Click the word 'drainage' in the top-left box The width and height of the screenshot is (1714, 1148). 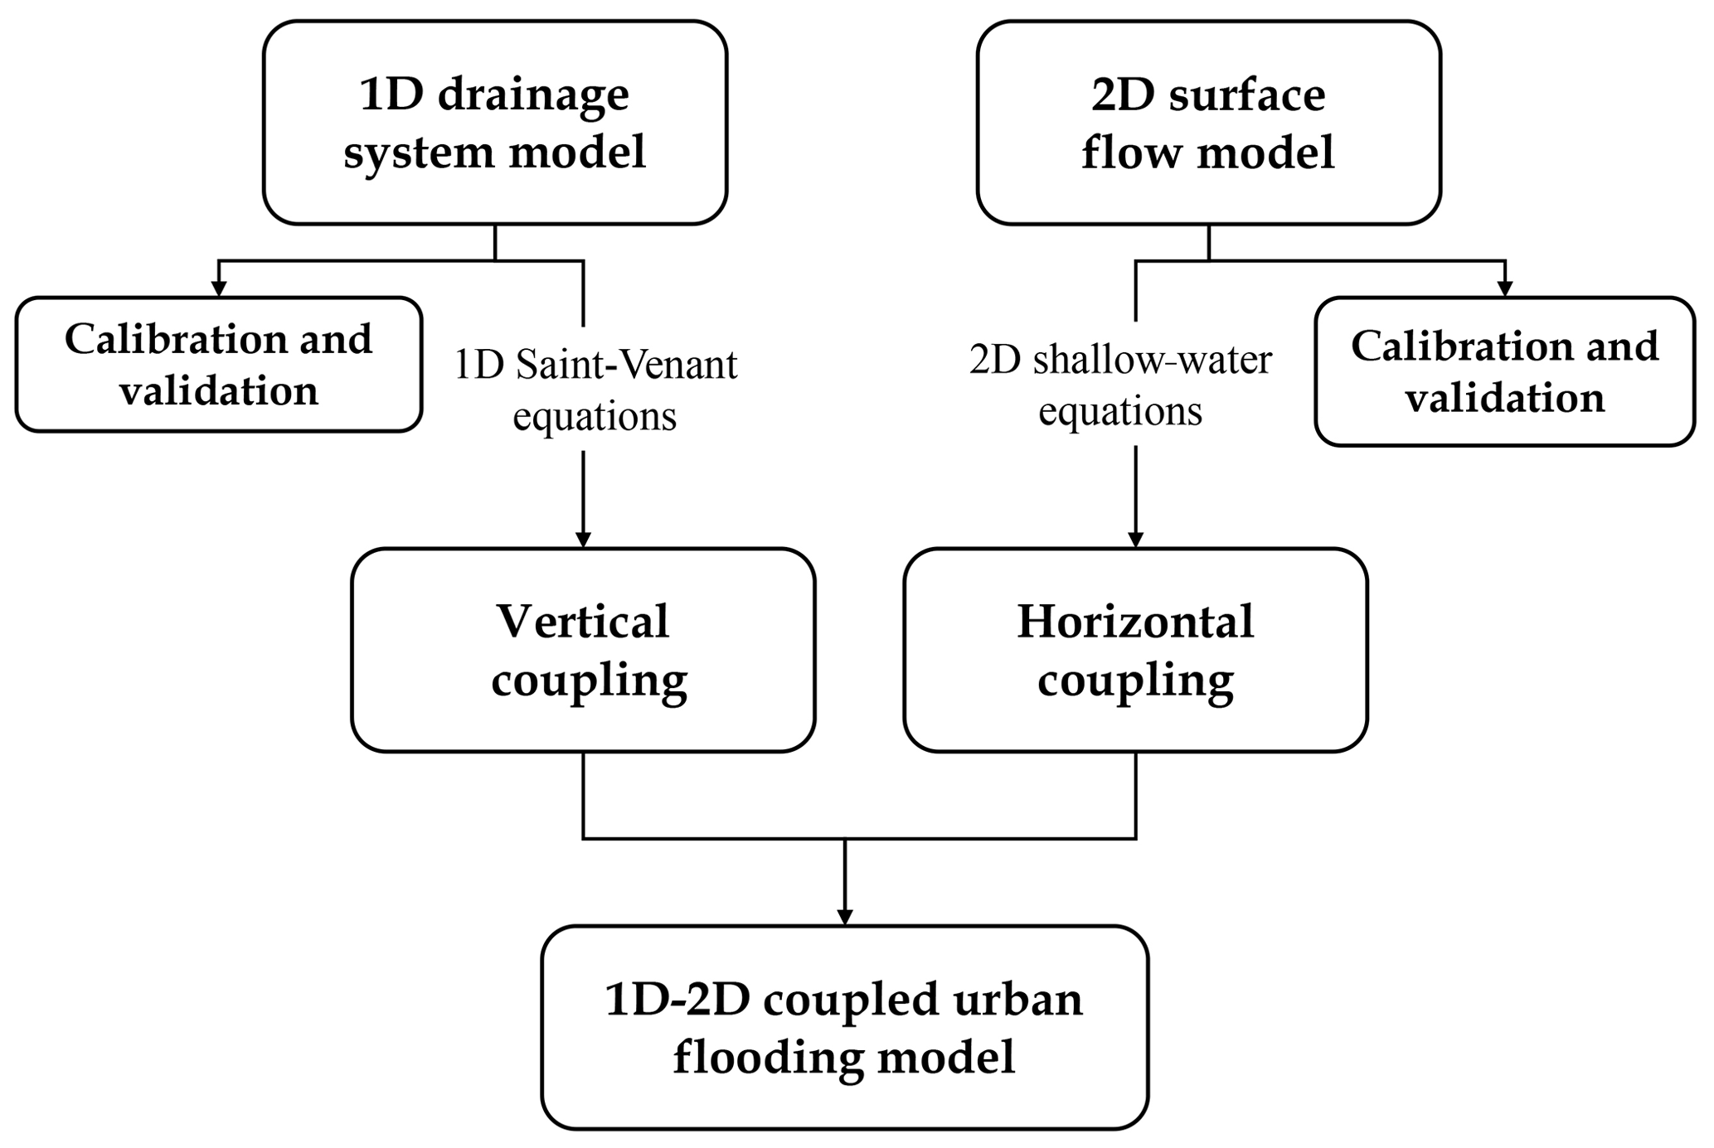pyautogui.click(x=533, y=97)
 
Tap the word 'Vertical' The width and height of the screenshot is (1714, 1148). pyautogui.click(x=582, y=622)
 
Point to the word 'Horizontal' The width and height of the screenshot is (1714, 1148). pyautogui.click(x=1135, y=622)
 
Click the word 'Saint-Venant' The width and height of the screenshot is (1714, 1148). pyautogui.click(x=626, y=365)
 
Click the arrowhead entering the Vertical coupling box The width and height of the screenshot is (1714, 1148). pyautogui.click(x=583, y=540)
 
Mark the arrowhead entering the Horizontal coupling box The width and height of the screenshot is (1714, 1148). pyautogui.click(x=1135, y=540)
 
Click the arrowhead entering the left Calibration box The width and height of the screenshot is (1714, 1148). pyautogui.click(x=219, y=288)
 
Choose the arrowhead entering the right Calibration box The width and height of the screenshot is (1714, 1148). pyautogui.click(x=1504, y=288)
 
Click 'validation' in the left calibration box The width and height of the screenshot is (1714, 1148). pyautogui.click(x=219, y=391)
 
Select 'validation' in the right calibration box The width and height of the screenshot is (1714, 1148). pyautogui.click(x=1504, y=399)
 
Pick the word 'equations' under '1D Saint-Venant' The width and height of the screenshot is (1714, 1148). pyautogui.click(x=595, y=416)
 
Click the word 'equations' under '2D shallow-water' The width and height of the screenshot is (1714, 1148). pyautogui.click(x=1120, y=411)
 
